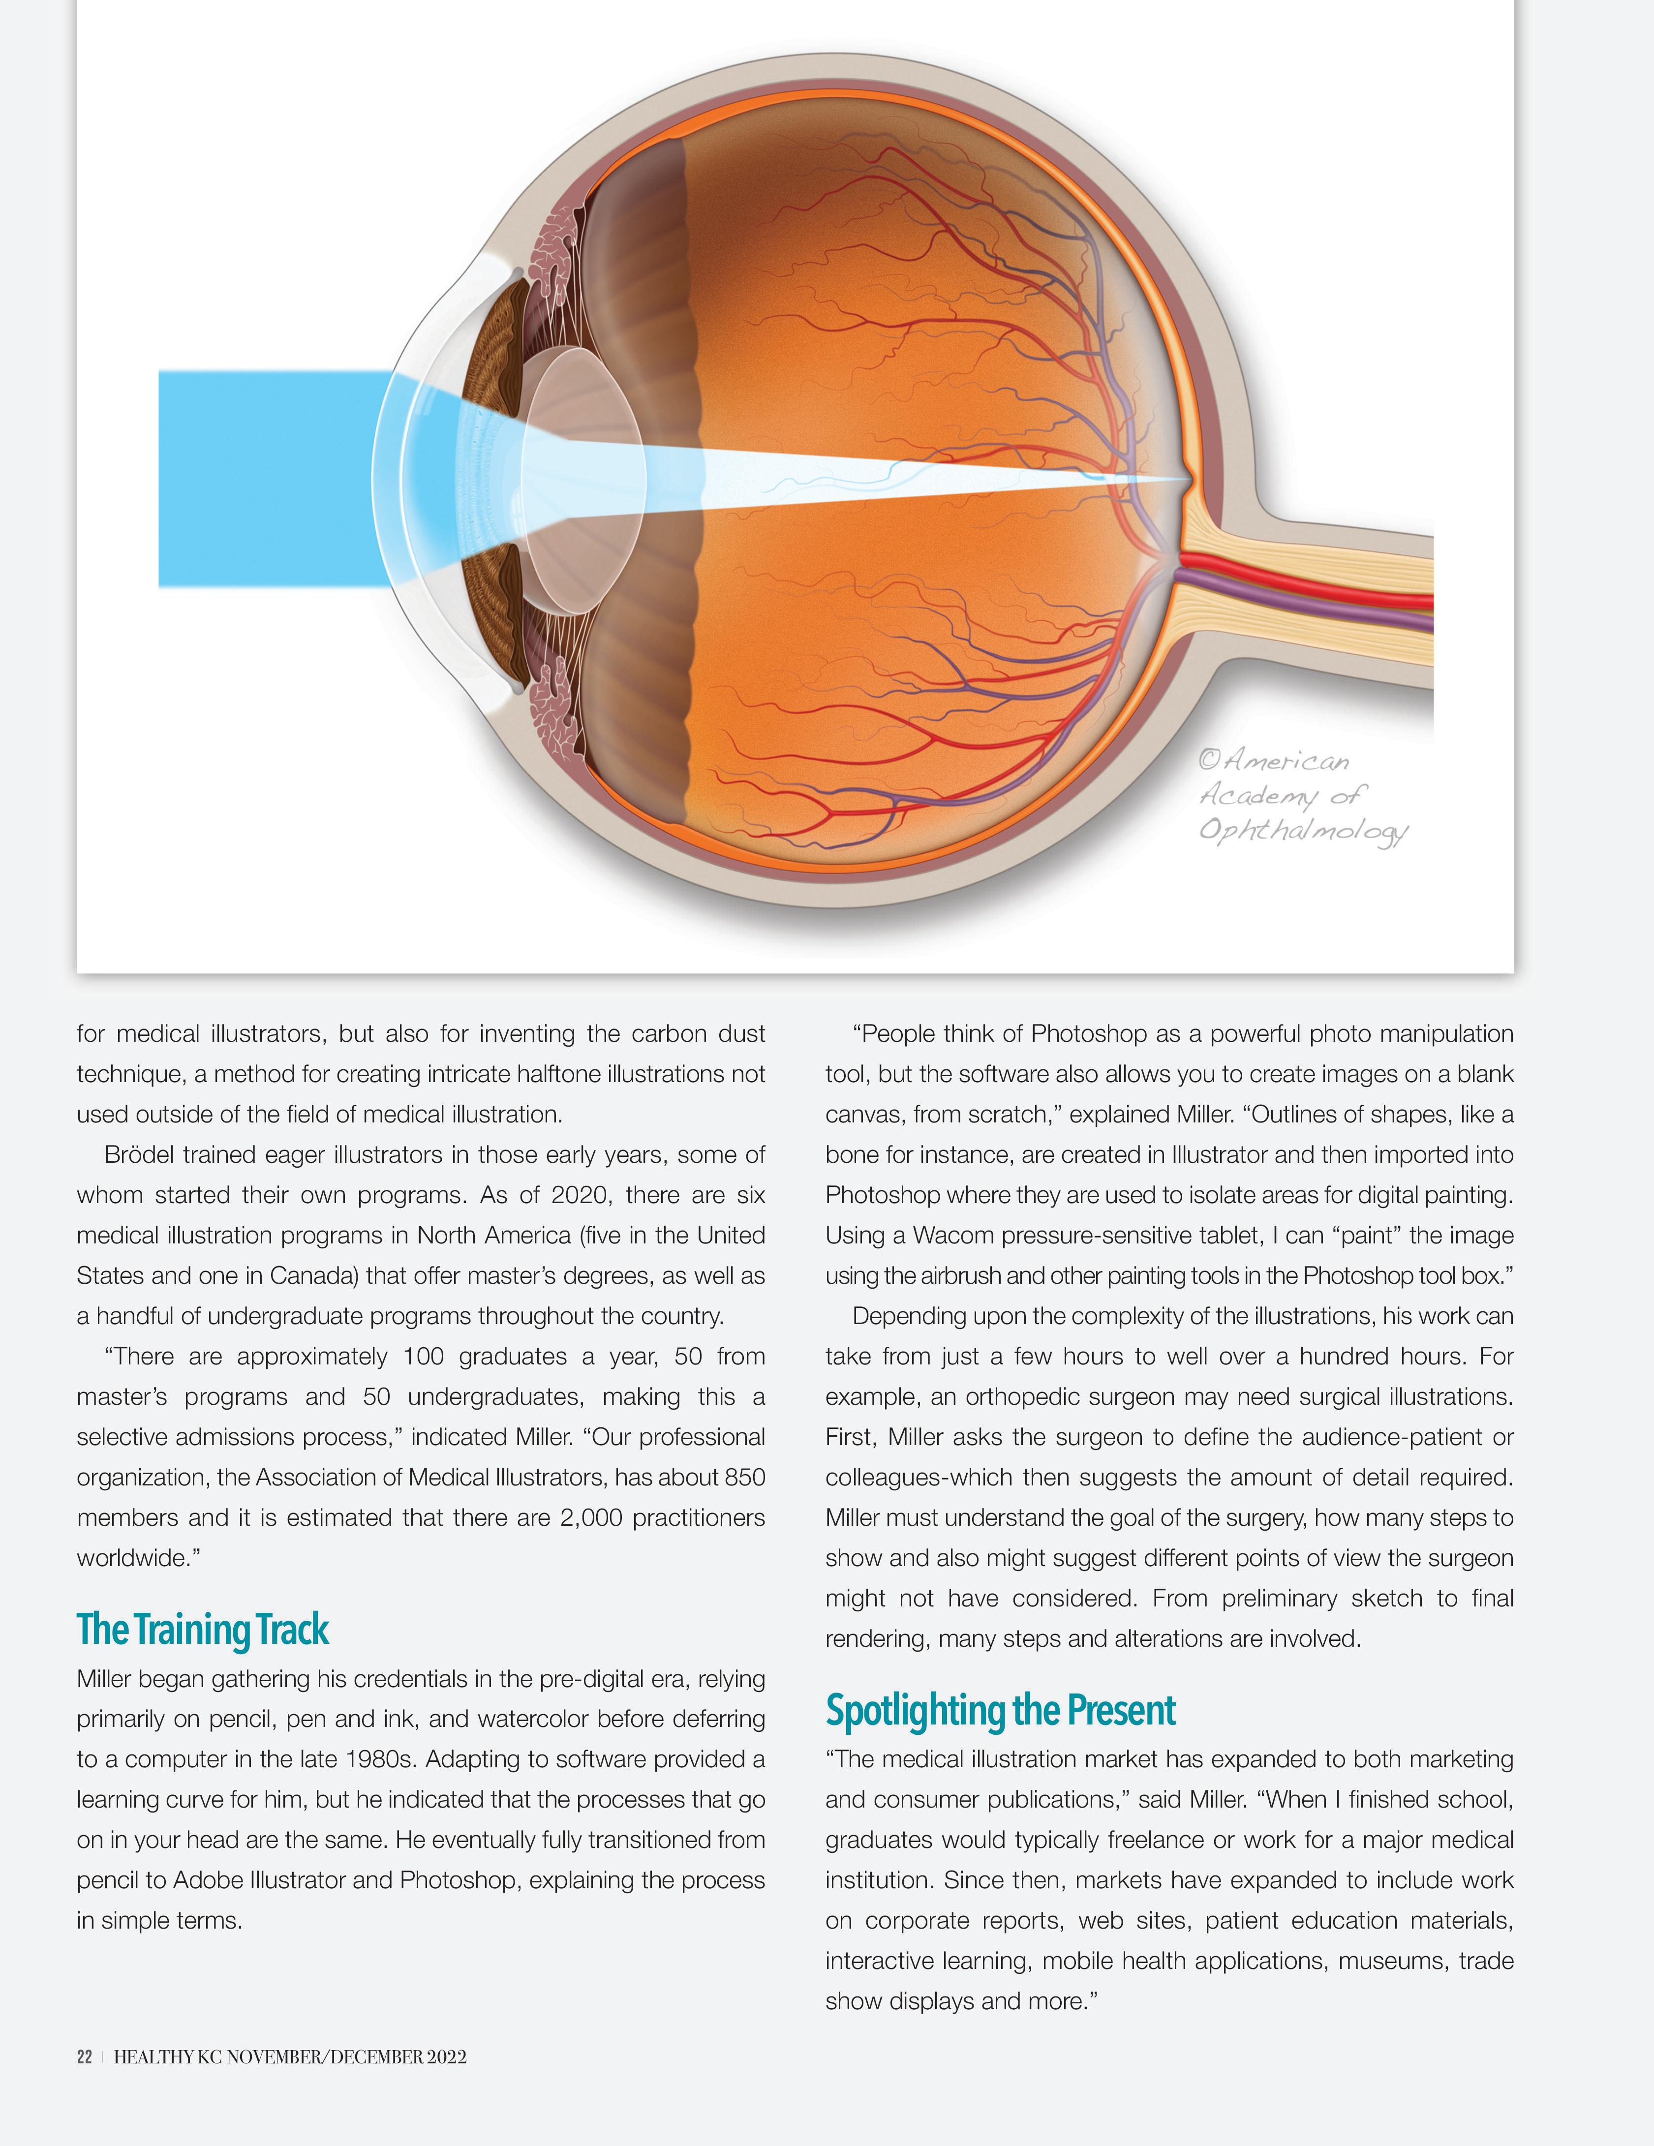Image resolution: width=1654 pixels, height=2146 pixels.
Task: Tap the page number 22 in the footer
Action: pos(85,2056)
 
